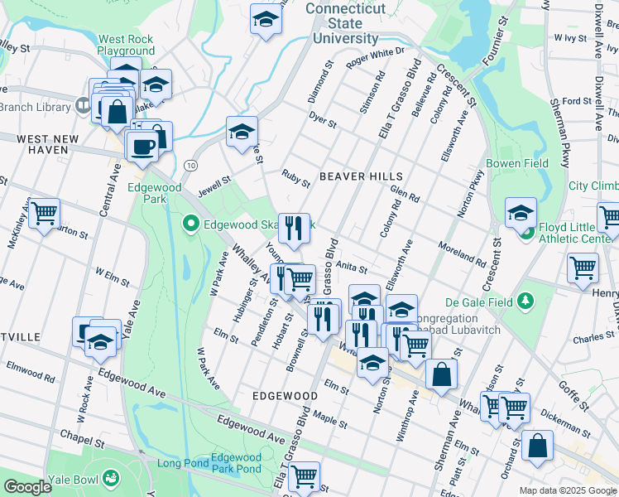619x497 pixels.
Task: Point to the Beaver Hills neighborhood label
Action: point(361,176)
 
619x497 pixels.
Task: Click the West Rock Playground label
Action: point(126,45)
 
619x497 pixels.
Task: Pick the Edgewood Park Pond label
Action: point(236,463)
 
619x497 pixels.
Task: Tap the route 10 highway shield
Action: point(190,166)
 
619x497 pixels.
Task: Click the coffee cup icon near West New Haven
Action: point(141,147)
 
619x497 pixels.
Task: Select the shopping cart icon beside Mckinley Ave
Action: point(44,214)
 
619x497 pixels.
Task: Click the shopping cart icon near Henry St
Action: point(583,268)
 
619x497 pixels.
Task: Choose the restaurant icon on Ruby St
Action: point(293,228)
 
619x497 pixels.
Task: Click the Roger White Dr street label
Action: point(375,56)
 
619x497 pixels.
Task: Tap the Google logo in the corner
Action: point(27,487)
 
